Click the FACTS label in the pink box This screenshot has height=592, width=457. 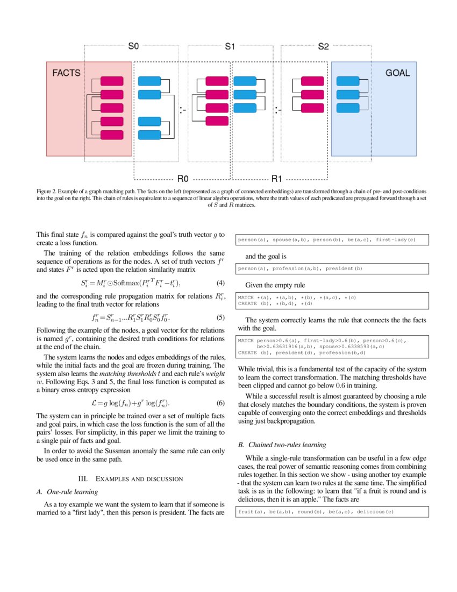tap(66, 73)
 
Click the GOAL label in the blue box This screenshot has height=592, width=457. tap(397, 73)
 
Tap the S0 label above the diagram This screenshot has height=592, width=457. tap(133, 47)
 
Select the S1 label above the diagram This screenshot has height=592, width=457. tap(230, 47)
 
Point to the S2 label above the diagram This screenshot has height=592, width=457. tap(323, 47)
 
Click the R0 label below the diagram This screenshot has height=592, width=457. tap(183, 179)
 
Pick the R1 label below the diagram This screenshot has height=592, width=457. tap(277, 179)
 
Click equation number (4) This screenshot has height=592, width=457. tap(220, 283)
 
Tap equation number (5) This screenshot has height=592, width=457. tap(220, 317)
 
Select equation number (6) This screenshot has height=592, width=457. tap(220, 403)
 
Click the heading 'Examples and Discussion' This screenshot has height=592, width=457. tap(131, 478)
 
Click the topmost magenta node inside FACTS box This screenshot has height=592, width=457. tap(111, 81)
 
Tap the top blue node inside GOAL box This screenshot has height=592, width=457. tap(347, 81)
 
